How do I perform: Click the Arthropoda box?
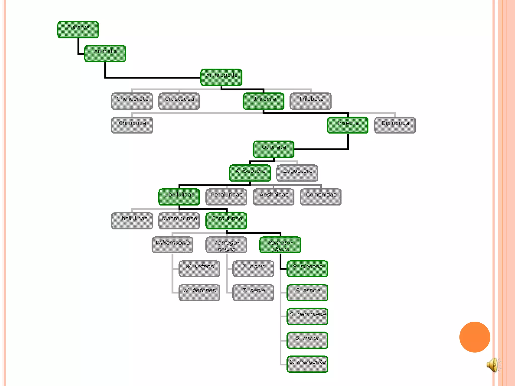click(x=221, y=77)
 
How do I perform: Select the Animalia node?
click(x=105, y=54)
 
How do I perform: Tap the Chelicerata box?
click(x=132, y=101)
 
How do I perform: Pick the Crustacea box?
click(x=179, y=101)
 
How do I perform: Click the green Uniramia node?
click(x=264, y=101)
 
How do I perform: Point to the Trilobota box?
click(x=311, y=101)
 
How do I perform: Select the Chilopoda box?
click(x=132, y=125)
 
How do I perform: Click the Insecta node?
click(x=348, y=125)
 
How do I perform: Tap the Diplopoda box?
click(x=395, y=125)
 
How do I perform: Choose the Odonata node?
click(x=274, y=149)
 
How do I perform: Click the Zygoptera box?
click(x=297, y=173)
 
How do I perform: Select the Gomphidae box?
click(x=321, y=197)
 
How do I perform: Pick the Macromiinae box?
click(x=179, y=221)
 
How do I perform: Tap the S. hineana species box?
click(x=307, y=268)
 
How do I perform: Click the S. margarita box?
click(x=307, y=364)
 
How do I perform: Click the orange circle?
click(x=475, y=337)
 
